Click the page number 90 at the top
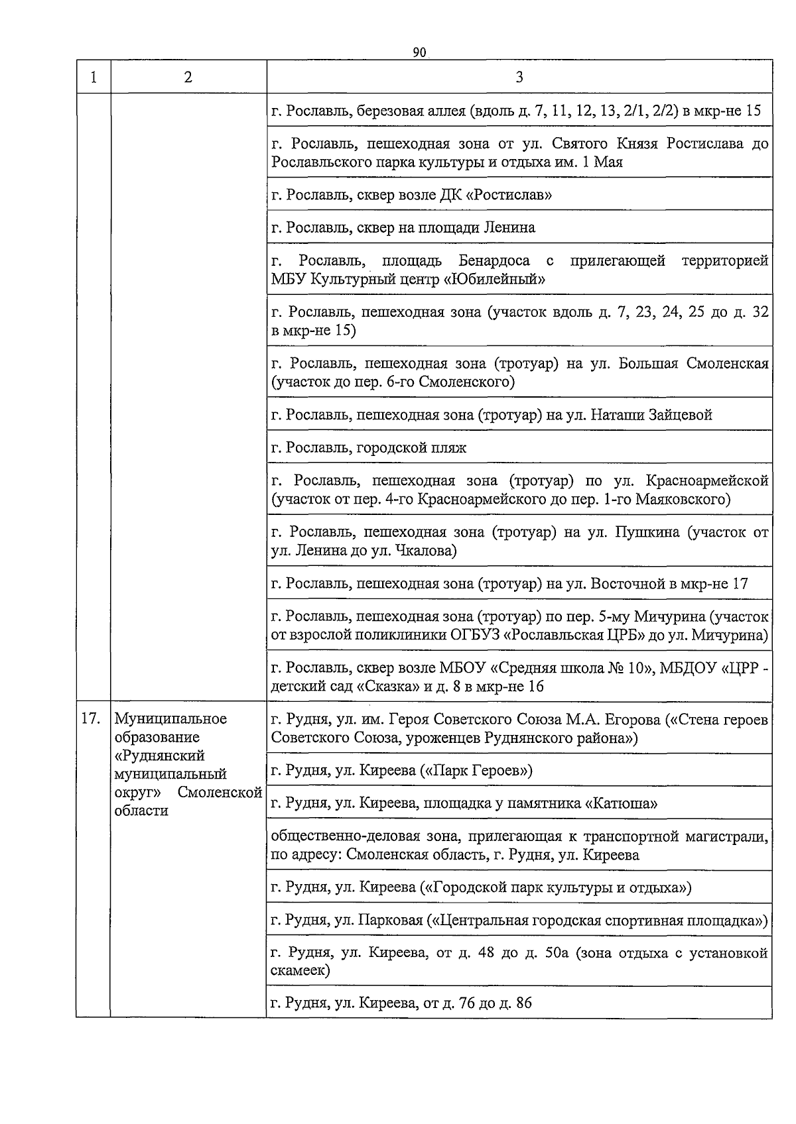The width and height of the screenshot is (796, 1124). click(419, 52)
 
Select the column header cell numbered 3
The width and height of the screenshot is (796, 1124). click(519, 77)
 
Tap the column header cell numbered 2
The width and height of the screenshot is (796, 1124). click(188, 77)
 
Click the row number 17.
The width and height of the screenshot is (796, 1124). click(91, 718)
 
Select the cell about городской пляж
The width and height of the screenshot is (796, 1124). click(519, 447)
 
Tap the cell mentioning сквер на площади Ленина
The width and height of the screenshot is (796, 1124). click(519, 227)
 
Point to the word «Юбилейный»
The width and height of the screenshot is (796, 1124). click(494, 279)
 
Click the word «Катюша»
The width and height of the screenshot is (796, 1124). click(621, 804)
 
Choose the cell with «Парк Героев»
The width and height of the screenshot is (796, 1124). click(519, 770)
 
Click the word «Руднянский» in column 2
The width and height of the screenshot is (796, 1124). click(160, 756)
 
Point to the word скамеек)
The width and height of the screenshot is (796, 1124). click(300, 971)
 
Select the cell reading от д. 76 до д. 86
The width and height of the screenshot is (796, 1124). click(519, 1003)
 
